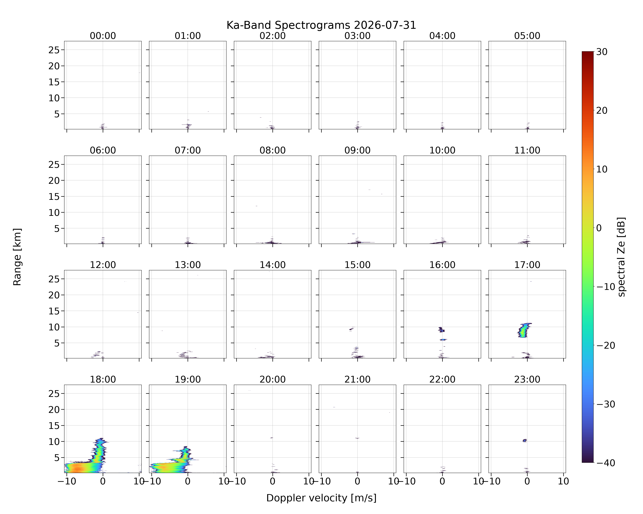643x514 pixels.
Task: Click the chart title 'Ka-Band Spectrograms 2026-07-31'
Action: pos(321,25)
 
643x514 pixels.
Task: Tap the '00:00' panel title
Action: pos(103,36)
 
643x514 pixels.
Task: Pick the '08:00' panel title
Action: pos(273,150)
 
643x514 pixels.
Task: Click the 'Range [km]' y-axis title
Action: pos(17,257)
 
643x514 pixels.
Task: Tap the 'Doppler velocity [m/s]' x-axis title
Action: pos(321,498)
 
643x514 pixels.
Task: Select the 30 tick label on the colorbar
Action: pos(602,52)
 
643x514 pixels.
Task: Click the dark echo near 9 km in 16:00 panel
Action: pos(441,329)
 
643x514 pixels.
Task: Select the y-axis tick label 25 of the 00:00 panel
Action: pos(54,50)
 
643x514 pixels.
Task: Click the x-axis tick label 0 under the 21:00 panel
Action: pos(357,481)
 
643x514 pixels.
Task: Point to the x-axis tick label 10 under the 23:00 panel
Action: pos(563,481)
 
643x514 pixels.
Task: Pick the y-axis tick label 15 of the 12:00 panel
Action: pos(54,311)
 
